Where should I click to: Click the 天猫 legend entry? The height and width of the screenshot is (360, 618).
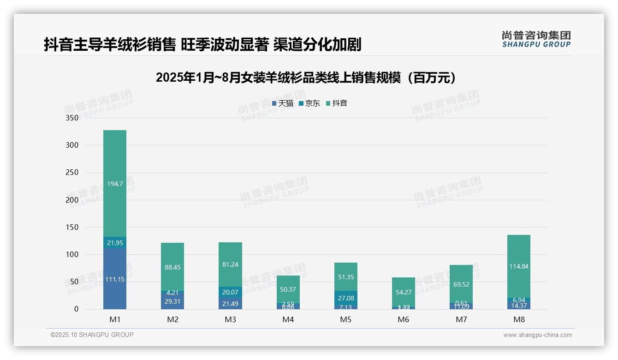283,103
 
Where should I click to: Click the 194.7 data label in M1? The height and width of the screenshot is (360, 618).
115,184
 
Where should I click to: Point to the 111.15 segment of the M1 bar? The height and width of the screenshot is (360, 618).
115,279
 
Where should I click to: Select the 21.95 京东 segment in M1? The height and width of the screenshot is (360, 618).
115,243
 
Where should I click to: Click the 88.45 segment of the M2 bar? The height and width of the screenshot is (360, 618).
172,267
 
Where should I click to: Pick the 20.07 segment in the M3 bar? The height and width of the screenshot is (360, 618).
230,292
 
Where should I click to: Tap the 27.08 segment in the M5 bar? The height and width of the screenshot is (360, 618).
345,298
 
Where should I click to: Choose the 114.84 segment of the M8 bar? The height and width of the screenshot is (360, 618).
519,266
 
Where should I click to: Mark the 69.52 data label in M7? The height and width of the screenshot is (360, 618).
461,284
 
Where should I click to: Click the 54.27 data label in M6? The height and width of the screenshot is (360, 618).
404,292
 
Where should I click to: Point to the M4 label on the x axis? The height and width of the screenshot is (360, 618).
288,319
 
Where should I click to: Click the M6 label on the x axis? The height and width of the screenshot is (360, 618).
404,319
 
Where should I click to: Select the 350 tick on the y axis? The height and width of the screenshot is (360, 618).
72,118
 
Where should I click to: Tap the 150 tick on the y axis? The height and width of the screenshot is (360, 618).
72,227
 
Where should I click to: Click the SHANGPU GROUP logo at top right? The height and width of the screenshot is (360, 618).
536,39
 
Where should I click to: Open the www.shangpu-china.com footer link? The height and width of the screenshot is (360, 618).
537,335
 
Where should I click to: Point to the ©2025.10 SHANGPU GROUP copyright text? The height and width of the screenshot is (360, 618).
92,335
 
